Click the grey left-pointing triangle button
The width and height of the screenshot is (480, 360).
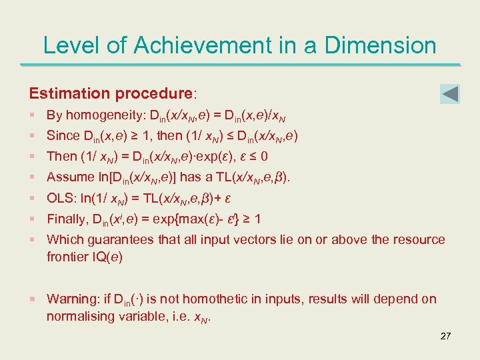click(451, 94)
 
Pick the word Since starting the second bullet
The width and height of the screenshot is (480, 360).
click(63, 136)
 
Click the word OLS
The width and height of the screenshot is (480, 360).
click(59, 198)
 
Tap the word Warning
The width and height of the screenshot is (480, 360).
click(71, 299)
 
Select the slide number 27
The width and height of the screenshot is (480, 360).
click(445, 336)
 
